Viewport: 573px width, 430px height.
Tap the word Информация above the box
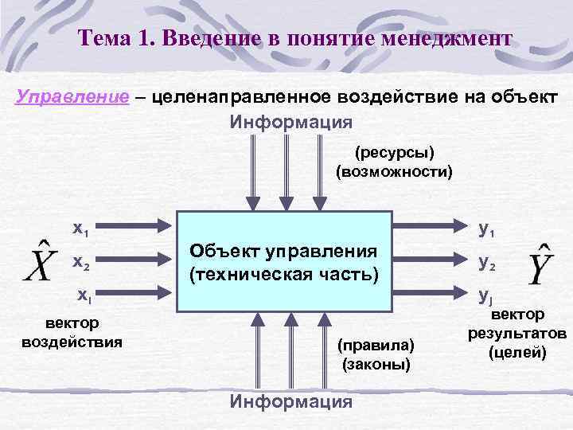pyautogui.click(x=290, y=122)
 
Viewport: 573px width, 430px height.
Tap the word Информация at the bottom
pyautogui.click(x=290, y=401)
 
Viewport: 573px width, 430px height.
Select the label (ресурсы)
pyautogui.click(x=395, y=151)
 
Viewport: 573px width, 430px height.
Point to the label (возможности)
pyautogui.click(x=395, y=170)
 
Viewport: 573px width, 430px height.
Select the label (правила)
pyautogui.click(x=376, y=346)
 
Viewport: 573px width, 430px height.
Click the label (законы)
pyautogui.click(x=376, y=365)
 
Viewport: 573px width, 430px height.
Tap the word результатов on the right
pyautogui.click(x=518, y=334)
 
